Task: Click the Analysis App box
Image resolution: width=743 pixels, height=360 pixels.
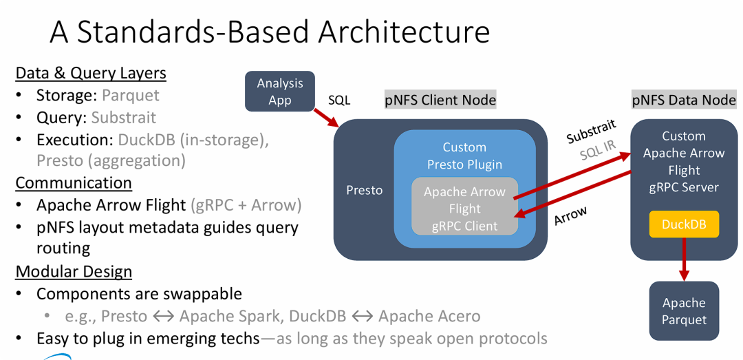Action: (280, 92)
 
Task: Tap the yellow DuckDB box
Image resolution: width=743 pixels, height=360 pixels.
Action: (684, 224)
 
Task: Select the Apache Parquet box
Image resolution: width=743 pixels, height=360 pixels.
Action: (684, 310)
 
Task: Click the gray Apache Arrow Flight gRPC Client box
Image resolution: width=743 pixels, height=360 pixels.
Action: (464, 209)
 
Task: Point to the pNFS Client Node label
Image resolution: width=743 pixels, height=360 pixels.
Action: (440, 100)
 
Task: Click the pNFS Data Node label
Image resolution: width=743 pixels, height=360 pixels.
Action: (684, 100)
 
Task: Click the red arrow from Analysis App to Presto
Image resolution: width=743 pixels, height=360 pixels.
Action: (325, 116)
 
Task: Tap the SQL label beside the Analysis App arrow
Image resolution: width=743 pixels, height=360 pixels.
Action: (338, 100)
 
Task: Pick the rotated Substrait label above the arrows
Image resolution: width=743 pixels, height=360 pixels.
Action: (591, 131)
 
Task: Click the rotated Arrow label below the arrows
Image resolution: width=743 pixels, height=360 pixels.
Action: (570, 215)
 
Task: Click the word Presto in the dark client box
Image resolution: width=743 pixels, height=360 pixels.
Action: (364, 190)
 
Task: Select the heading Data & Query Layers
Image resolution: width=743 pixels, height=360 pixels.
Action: (91, 73)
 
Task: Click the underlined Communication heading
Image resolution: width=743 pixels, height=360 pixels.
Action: (74, 183)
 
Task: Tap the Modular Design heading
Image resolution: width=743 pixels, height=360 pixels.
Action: (74, 271)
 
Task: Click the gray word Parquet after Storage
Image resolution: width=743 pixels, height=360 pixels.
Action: (130, 95)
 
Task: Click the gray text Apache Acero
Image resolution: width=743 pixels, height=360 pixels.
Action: (429, 317)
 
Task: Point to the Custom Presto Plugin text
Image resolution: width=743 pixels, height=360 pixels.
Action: (464, 156)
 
